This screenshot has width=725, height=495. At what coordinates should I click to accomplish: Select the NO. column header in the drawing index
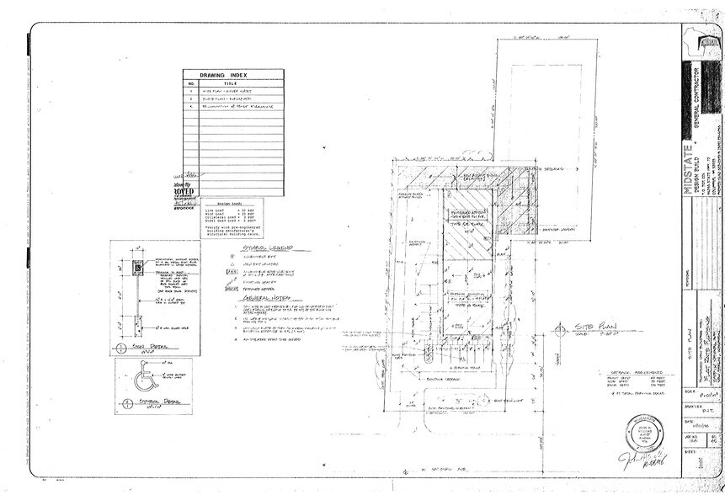191,84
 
